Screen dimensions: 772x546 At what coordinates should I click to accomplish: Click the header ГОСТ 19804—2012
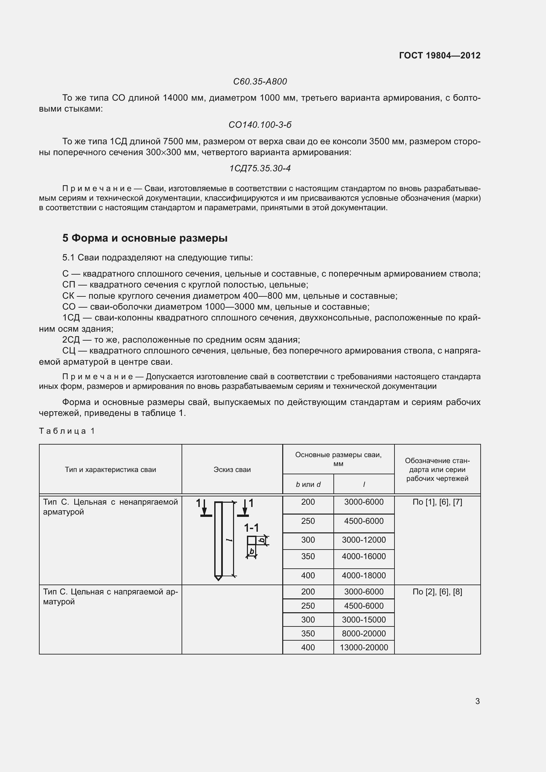point(439,55)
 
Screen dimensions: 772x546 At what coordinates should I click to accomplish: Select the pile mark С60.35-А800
point(260,82)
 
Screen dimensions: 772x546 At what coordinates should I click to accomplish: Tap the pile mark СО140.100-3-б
point(260,125)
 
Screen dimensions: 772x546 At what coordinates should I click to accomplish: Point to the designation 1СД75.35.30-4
point(260,168)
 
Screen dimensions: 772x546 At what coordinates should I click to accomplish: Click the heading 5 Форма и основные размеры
point(145,238)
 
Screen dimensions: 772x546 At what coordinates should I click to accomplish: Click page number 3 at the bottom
point(477,701)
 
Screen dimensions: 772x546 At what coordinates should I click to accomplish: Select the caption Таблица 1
point(67,431)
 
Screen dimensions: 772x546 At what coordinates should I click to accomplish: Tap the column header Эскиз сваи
point(232,469)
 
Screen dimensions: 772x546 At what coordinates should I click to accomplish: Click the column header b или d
point(308,484)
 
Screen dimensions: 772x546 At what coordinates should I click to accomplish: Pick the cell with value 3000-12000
point(364,540)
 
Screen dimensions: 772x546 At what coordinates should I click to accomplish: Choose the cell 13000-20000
point(364,647)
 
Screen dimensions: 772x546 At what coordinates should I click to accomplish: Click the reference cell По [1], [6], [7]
point(437,502)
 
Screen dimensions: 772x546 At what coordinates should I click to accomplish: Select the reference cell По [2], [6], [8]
point(437,592)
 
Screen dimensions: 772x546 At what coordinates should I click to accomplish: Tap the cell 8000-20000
point(364,633)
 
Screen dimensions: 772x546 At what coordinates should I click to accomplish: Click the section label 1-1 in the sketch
point(251,527)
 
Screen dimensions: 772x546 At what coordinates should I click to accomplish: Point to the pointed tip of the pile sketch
point(218,578)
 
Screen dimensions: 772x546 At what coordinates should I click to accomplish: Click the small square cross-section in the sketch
point(251,540)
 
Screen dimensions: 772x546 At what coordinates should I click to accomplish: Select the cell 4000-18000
point(364,575)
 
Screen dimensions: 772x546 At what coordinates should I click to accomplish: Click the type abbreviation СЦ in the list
point(69,351)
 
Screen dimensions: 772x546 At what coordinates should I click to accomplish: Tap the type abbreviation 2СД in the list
point(71,340)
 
